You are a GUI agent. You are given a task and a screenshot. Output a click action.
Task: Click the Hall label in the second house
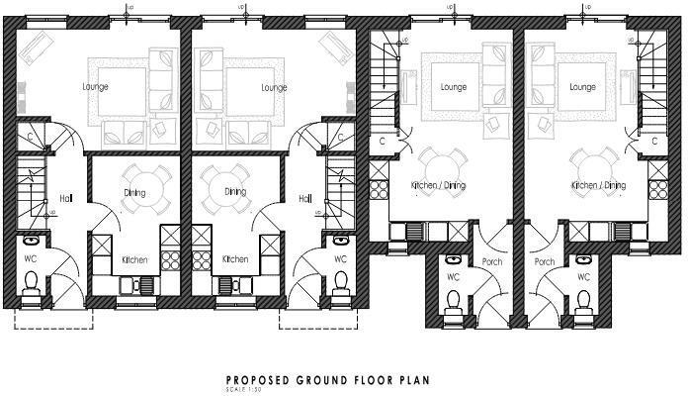point(305,197)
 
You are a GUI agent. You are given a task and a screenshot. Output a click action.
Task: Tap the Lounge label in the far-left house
point(96,87)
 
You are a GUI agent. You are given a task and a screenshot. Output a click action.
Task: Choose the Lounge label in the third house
point(453,87)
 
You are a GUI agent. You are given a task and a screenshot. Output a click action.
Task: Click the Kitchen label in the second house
point(235,259)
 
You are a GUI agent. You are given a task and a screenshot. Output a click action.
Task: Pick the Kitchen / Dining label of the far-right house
point(599,185)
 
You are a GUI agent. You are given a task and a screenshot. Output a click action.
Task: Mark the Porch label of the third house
point(491,262)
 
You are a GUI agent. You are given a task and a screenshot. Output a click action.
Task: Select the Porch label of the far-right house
point(544,262)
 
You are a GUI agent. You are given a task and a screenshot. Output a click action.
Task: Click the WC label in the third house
point(454,277)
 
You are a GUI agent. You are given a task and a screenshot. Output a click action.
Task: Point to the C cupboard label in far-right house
point(655,141)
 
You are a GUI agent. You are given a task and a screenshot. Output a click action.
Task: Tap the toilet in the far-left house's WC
point(32,286)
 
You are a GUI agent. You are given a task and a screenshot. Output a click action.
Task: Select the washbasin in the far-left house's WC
point(32,240)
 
